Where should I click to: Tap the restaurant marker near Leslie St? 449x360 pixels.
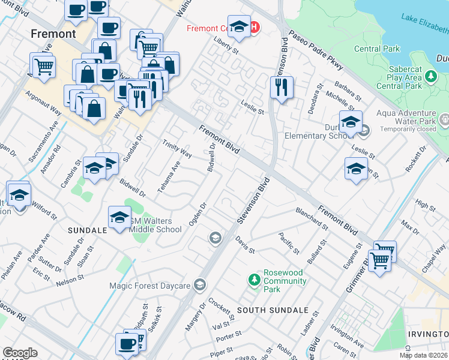[281, 88]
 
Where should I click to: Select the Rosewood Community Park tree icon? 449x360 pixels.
[254, 280]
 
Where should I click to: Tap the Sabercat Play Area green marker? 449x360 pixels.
[430, 77]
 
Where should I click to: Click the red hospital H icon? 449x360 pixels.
[254, 28]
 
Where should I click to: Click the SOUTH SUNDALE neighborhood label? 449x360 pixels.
[273, 310]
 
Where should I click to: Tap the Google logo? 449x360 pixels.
[20, 353]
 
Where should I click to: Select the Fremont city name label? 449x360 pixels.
[53, 34]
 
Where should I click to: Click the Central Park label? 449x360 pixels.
[377, 49]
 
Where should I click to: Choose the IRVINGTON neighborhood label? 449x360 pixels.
[429, 334]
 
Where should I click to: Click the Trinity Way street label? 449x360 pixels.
[177, 149]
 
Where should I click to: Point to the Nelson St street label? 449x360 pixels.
[70, 281]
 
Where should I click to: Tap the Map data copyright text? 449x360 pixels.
[423, 355]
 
